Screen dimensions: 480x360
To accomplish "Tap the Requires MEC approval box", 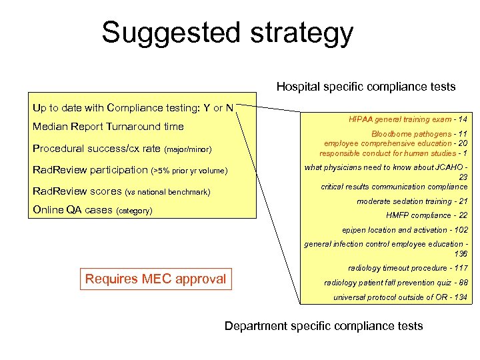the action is [155, 279].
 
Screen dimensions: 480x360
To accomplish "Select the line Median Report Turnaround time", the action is [108, 127].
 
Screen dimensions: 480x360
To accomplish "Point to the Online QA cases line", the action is [93, 211].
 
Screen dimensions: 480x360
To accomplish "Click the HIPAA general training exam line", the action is [408, 119].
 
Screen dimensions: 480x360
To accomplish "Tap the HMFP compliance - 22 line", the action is [427, 215].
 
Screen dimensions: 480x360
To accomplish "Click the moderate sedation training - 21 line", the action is [412, 201].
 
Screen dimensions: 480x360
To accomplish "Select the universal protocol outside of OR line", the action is [400, 297].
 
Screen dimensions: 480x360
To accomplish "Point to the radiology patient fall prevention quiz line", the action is [396, 283].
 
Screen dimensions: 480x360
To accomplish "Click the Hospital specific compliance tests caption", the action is [366, 87].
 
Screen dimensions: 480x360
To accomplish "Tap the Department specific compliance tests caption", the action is [323, 326].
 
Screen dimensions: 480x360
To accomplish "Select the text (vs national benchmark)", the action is [167, 193].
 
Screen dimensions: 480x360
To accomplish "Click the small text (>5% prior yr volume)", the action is [190, 171].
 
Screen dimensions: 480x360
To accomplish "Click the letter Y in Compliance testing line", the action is [207, 108].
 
